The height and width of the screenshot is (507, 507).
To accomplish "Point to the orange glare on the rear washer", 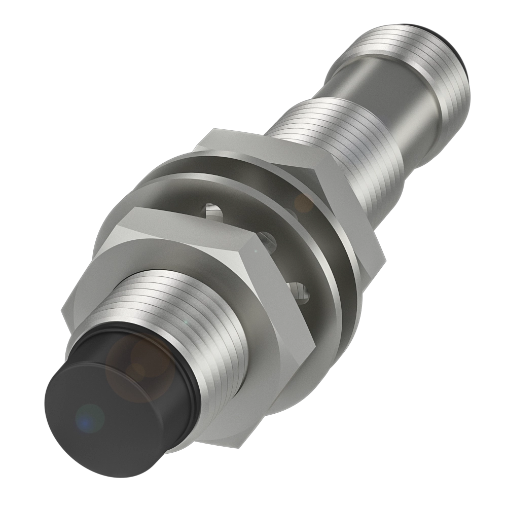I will pyautogui.click(x=304, y=203).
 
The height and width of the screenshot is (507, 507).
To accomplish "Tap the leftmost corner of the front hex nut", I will pyautogui.click(x=62, y=310).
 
